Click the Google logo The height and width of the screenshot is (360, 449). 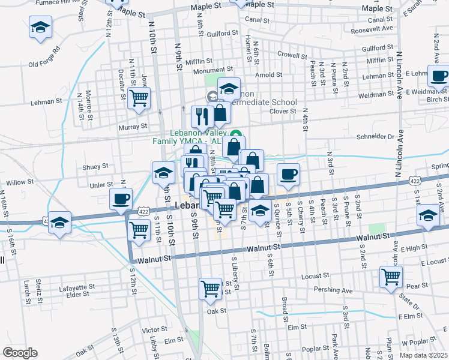click(x=20, y=353)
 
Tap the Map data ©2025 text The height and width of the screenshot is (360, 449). click(x=423, y=355)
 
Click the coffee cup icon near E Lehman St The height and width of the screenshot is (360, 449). click(x=439, y=76)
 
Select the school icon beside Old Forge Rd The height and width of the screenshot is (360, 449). click(x=40, y=27)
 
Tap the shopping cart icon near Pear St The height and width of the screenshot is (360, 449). click(x=391, y=277)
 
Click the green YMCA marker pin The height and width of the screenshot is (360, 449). click(x=236, y=133)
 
